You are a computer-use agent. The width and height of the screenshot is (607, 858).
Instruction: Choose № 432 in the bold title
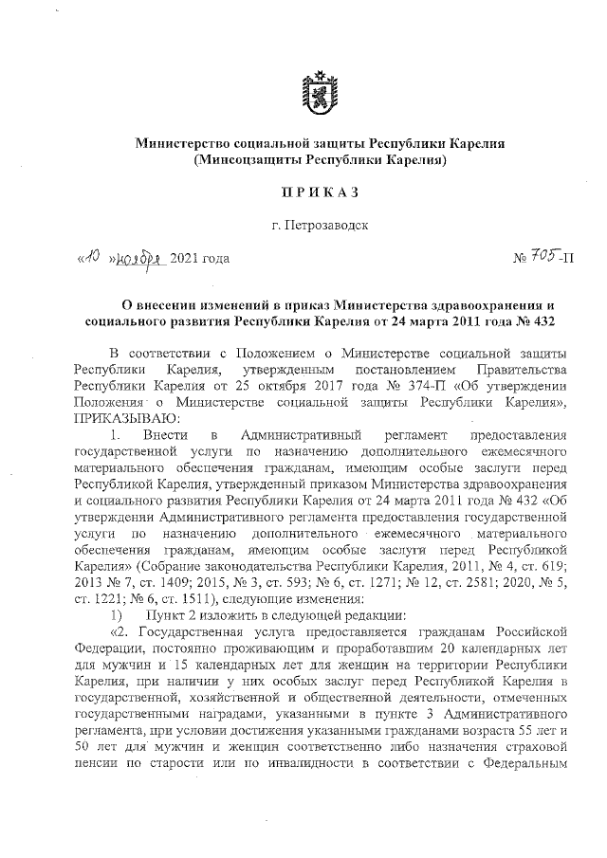coord(533,319)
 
